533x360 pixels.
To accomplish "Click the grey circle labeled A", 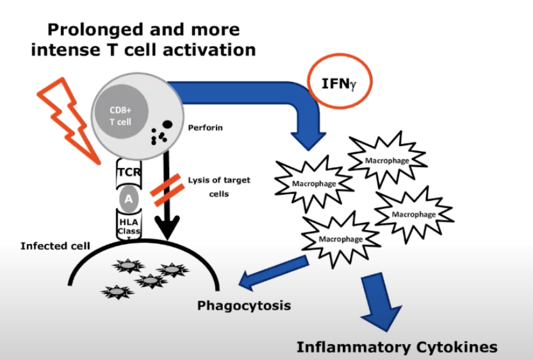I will coord(129,199).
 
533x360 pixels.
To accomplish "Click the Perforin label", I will coord(205,127).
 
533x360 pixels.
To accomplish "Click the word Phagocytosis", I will coord(243,305).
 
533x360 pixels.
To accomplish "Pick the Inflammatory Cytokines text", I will coord(397,347).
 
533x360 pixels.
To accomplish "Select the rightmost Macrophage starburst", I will coord(414,214).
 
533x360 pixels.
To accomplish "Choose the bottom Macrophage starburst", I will coord(340,239).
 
